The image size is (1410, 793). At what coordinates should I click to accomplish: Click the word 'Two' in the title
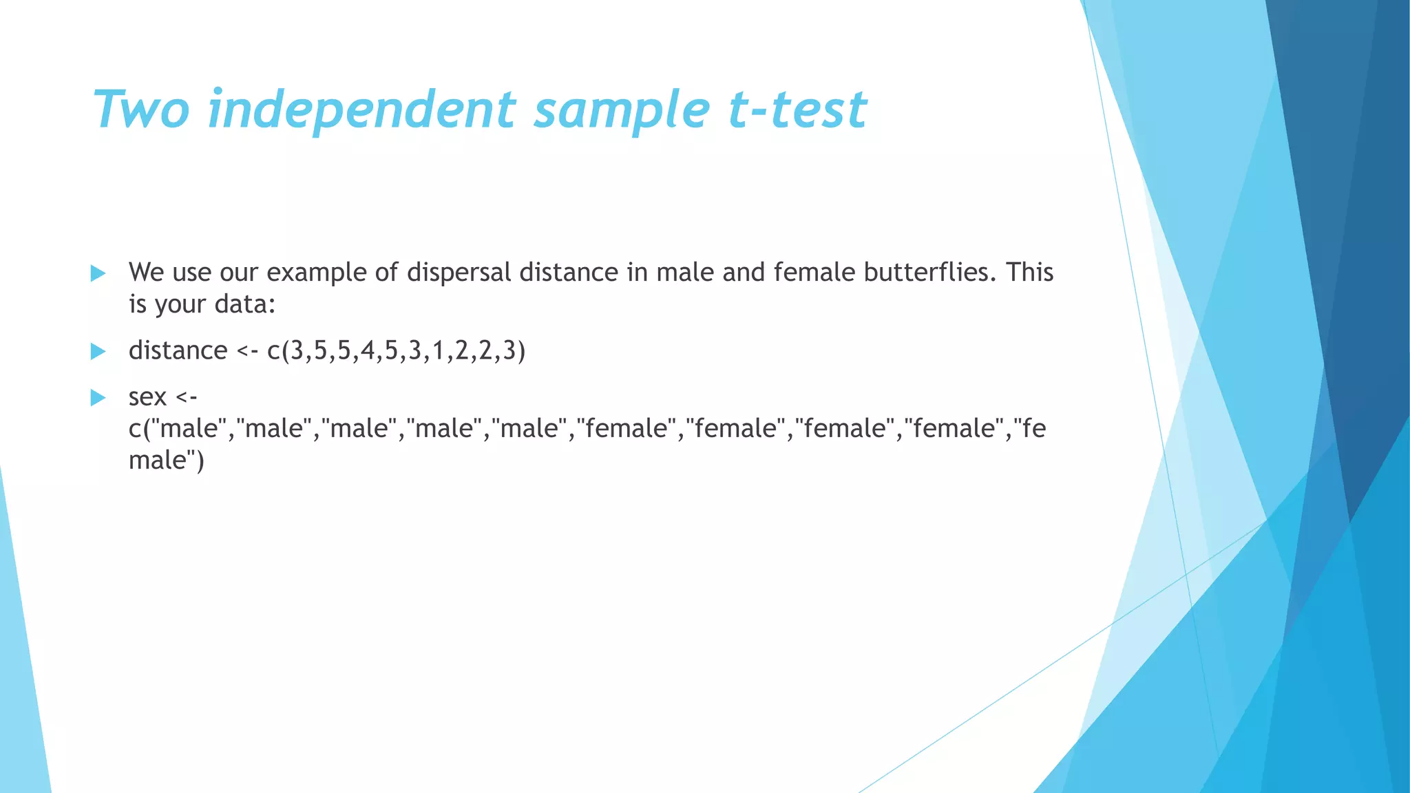point(141,110)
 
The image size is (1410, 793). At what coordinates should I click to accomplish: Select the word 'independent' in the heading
point(361,110)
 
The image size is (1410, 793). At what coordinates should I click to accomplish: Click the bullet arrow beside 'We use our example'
point(98,273)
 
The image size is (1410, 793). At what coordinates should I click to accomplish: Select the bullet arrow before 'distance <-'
point(98,352)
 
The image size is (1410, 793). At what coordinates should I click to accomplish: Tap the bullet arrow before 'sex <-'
point(98,398)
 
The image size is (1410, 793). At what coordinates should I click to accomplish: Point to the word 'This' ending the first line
point(1029,273)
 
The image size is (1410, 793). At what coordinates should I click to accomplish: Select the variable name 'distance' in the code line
point(178,351)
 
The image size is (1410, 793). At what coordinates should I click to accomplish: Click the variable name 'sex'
point(147,397)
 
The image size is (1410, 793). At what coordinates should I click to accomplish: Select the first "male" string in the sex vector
point(188,429)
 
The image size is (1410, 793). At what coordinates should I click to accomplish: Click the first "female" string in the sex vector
point(627,429)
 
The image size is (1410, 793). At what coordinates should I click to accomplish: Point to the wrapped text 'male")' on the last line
point(166,461)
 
